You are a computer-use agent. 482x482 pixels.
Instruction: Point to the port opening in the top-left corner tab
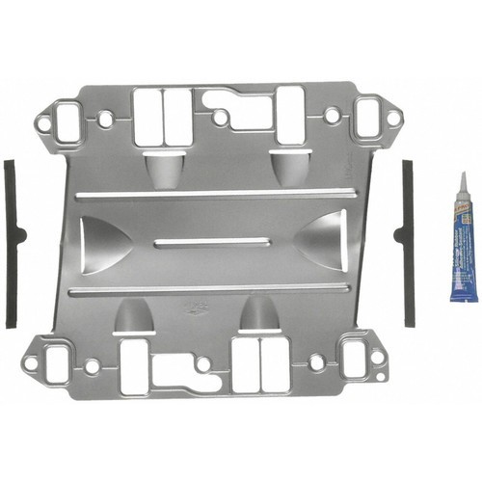[x=67, y=120]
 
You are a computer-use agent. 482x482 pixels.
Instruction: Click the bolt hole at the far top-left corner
[x=41, y=121]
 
